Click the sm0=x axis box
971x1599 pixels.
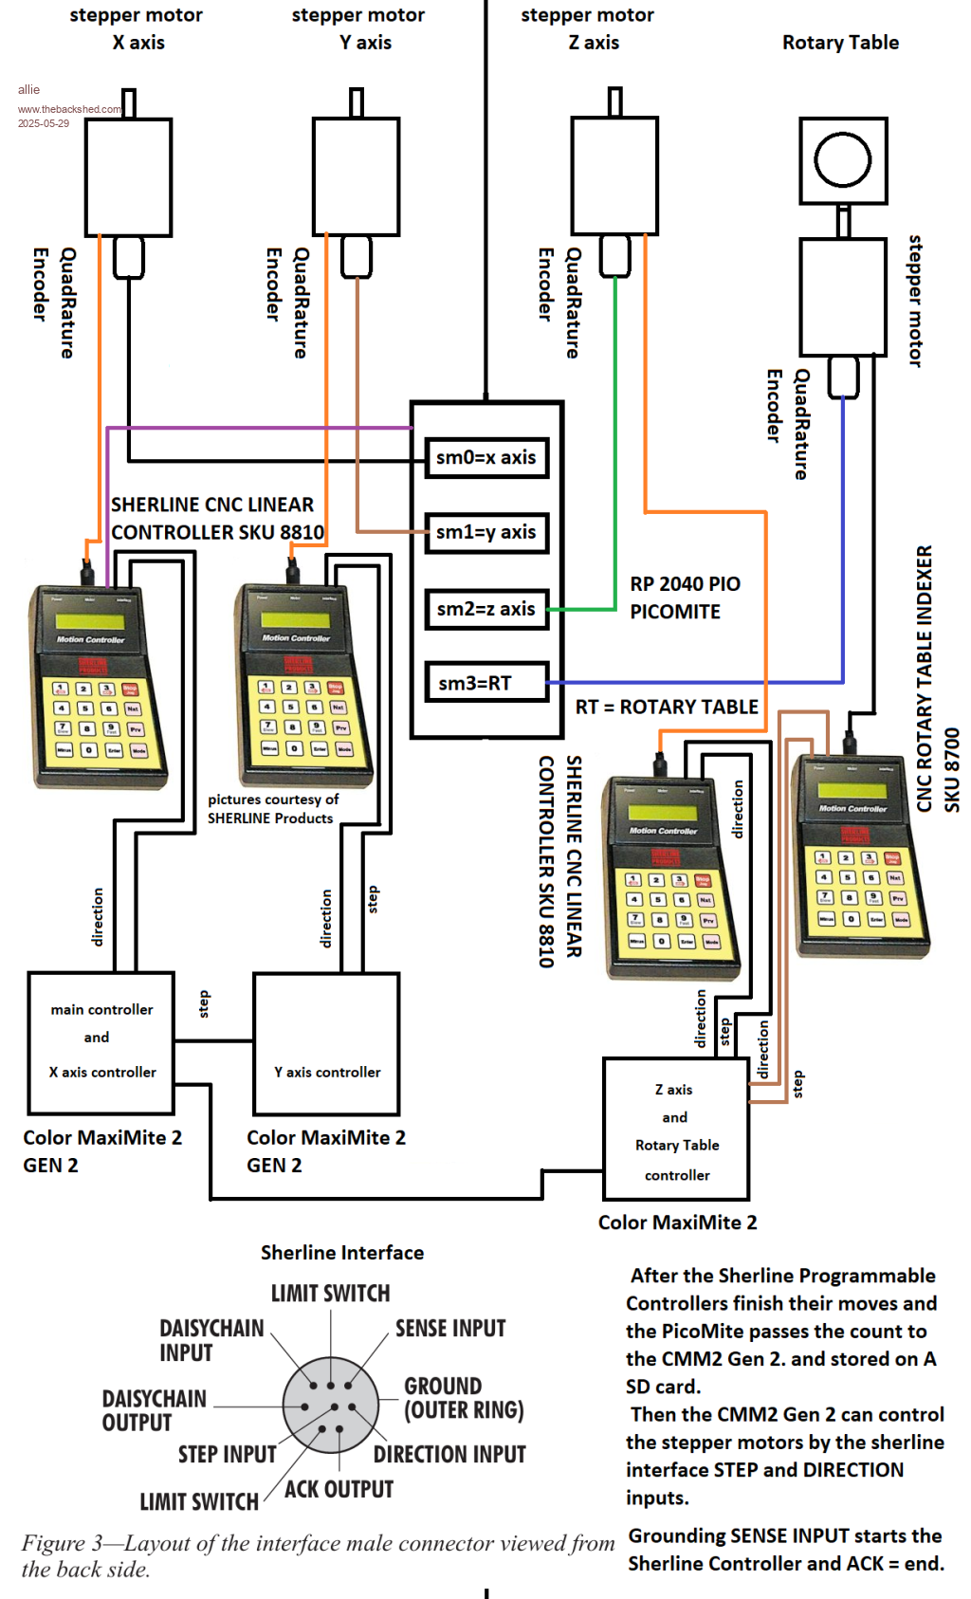pyautogui.click(x=485, y=457)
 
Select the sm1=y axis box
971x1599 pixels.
pyautogui.click(x=485, y=532)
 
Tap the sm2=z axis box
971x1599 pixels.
pyautogui.click(x=485, y=609)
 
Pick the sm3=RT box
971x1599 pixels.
pyautogui.click(x=485, y=683)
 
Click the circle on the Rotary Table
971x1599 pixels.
pyautogui.click(x=842, y=158)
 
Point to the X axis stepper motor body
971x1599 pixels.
pyautogui.click(x=128, y=176)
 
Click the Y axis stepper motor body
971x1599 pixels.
pyautogui.click(x=356, y=176)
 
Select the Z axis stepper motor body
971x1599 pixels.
pyautogui.click(x=614, y=176)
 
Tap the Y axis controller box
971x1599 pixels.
pyautogui.click(x=326, y=1043)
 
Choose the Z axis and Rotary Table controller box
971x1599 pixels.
pyautogui.click(x=676, y=1130)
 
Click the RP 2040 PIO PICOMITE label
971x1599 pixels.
pyautogui.click(x=685, y=597)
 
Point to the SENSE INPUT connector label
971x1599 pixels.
pyautogui.click(x=450, y=1328)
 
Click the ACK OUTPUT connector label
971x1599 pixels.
pyautogui.click(x=339, y=1489)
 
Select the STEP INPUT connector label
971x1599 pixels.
pyautogui.click(x=228, y=1454)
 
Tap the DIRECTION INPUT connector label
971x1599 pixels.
pyautogui.click(x=449, y=1454)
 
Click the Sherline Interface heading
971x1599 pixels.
pyautogui.click(x=342, y=1252)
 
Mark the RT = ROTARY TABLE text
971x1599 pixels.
pyautogui.click(x=667, y=707)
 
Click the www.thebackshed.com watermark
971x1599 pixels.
pyautogui.click(x=69, y=109)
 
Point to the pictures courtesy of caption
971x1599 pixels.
pyautogui.click(x=273, y=799)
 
